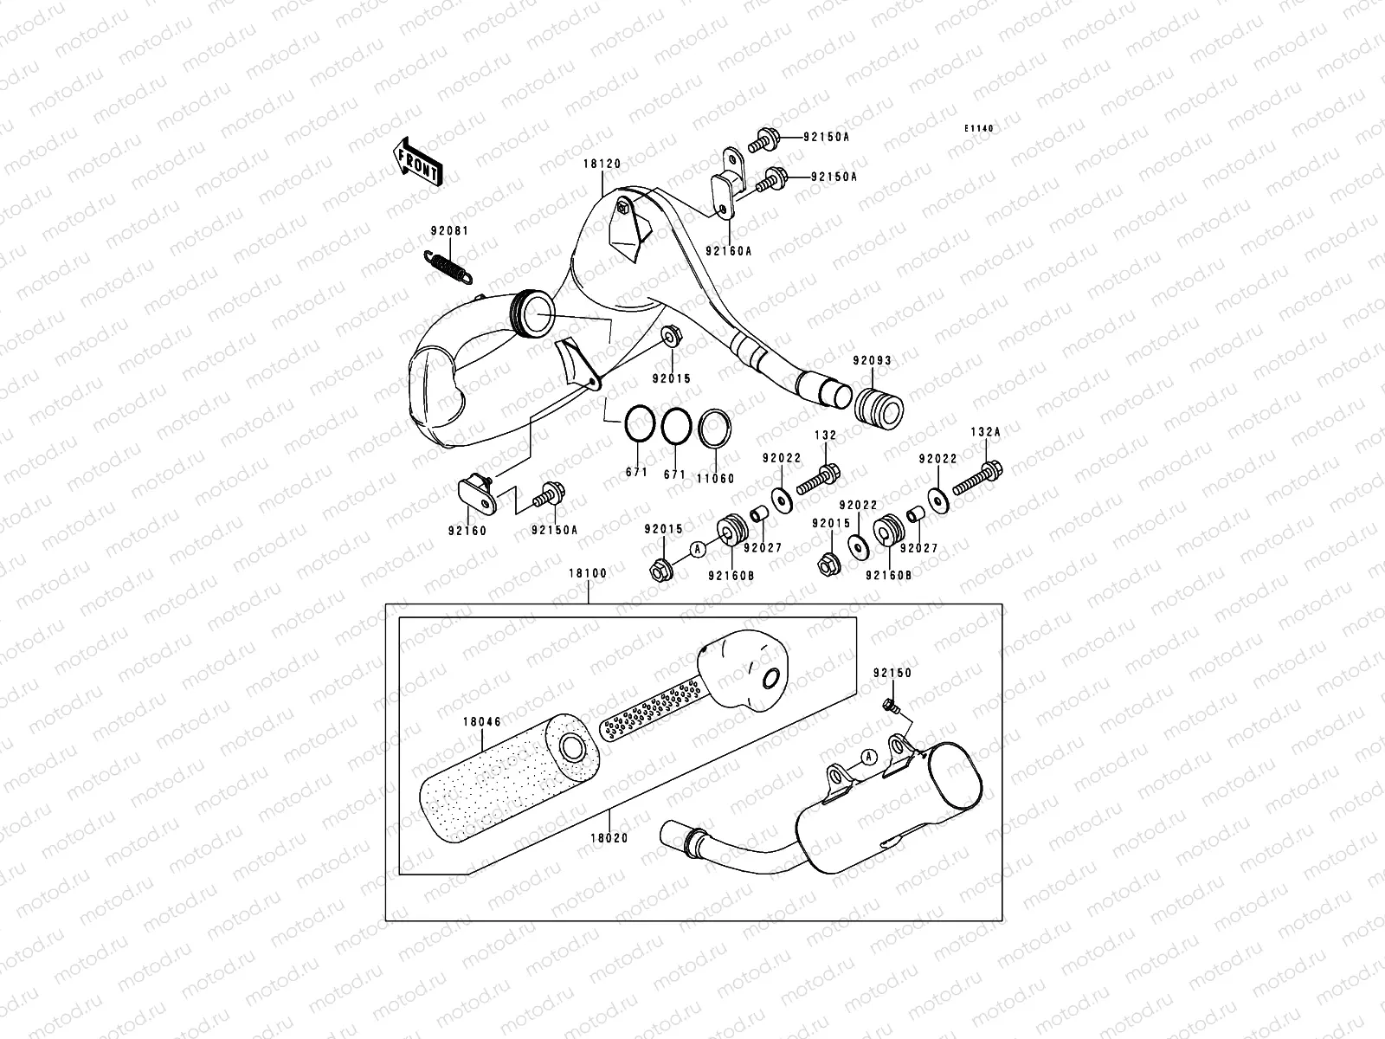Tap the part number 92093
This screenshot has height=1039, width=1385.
click(872, 360)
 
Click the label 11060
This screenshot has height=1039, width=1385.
click(716, 478)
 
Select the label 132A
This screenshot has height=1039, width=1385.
click(985, 431)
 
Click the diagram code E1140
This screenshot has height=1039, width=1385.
click(980, 128)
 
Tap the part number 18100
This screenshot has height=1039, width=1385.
click(588, 573)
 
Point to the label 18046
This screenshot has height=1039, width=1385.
click(482, 720)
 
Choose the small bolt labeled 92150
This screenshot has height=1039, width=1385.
click(889, 706)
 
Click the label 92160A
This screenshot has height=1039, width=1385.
click(728, 249)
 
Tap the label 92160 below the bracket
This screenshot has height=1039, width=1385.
click(468, 531)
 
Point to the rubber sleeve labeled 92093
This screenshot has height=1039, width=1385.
click(877, 404)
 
